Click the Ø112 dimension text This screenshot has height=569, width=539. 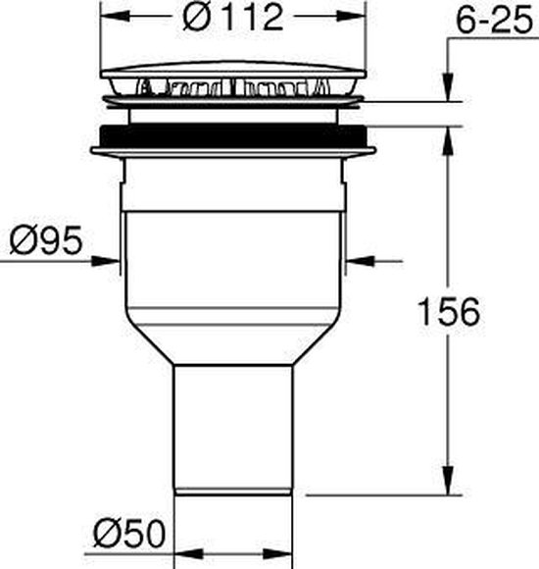coord(235,18)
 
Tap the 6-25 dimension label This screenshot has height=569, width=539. coord(489,19)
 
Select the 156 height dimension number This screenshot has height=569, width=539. coord(446,312)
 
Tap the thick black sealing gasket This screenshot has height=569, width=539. coord(235,136)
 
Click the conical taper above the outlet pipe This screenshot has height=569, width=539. coord(234,343)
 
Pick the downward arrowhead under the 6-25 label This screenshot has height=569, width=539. coord(448,89)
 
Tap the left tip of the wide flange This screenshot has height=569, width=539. coord(93,150)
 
